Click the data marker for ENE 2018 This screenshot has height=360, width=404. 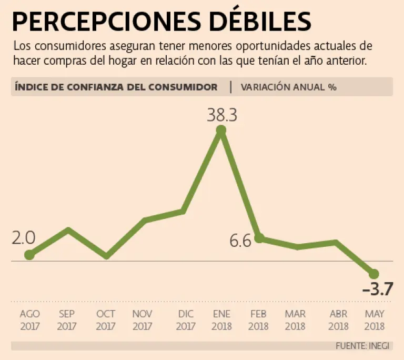pyautogui.click(x=221, y=130)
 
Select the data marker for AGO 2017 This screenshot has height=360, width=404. pyautogui.click(x=29, y=255)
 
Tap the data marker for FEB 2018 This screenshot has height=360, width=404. pyautogui.click(x=259, y=238)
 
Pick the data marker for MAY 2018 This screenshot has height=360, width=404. pyautogui.click(x=374, y=274)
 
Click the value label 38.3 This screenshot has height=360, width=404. pyautogui.click(x=221, y=115)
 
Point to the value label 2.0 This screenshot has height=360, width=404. pyautogui.click(x=24, y=238)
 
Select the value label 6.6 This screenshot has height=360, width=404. pyautogui.click(x=241, y=241)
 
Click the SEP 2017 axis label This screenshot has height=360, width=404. pyautogui.click(x=67, y=319)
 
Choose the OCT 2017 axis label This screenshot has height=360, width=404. pyautogui.click(x=106, y=319)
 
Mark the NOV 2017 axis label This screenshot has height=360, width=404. pyautogui.click(x=142, y=319)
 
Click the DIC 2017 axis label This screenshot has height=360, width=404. pyautogui.click(x=186, y=319)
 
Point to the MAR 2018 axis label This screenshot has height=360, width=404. pyautogui.click(x=295, y=319)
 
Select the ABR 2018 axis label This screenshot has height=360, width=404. pyautogui.click(x=338, y=319)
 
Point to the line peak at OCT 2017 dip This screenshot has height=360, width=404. pyautogui.click(x=107, y=256)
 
